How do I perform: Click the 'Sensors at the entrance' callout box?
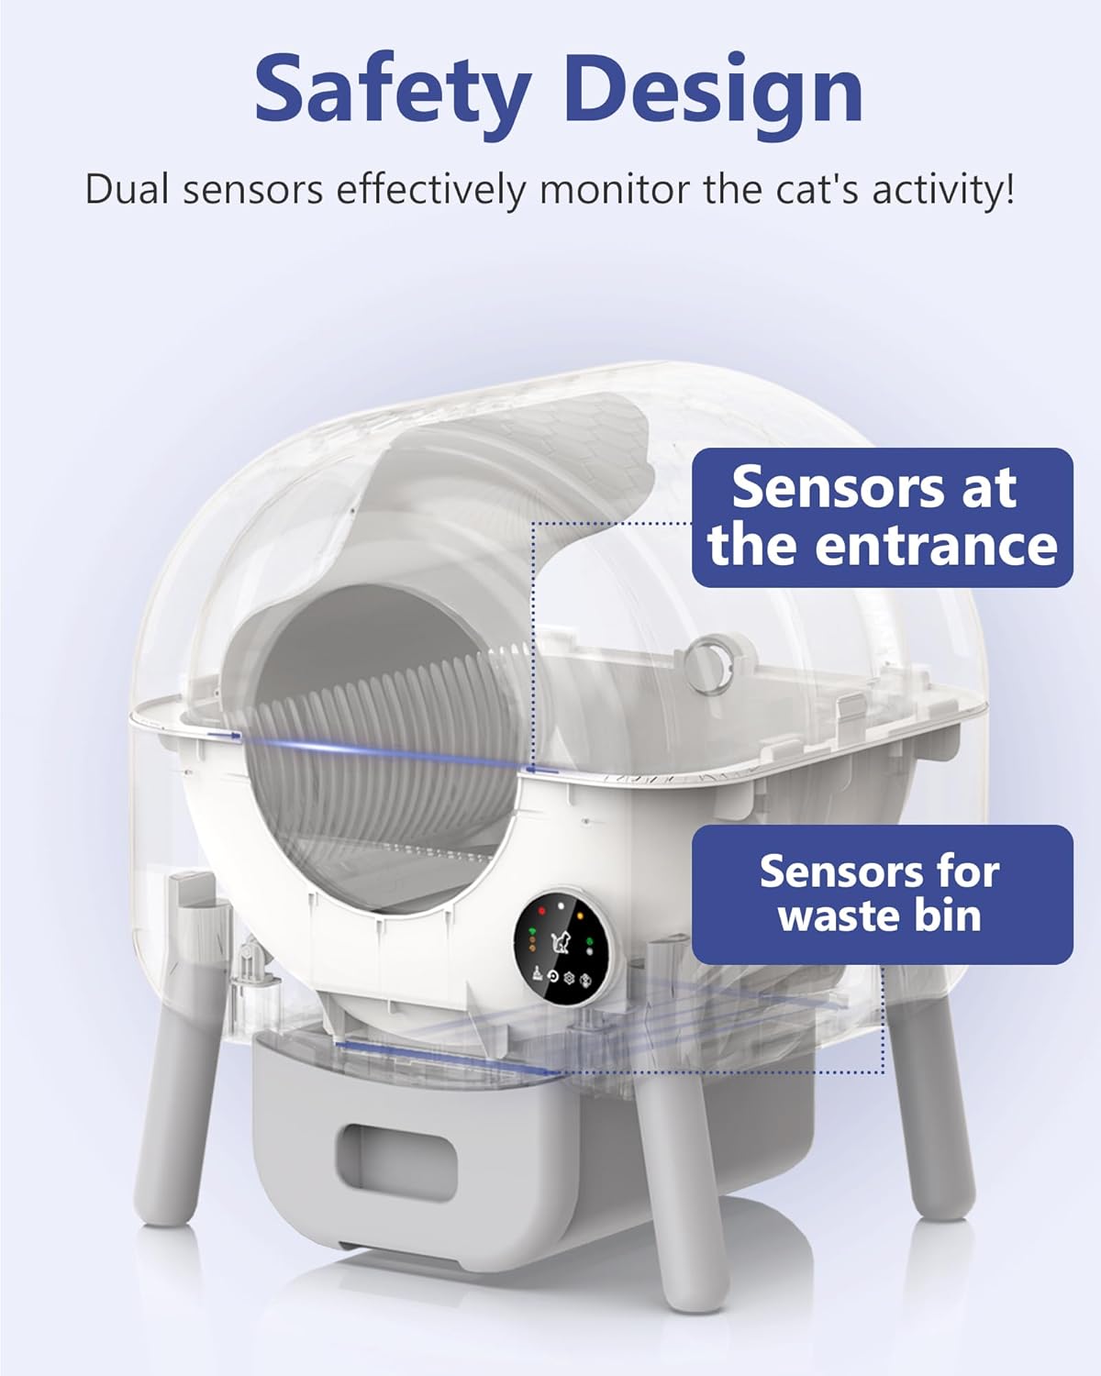882,517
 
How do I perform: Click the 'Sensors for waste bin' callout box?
882,894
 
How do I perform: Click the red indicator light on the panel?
541,911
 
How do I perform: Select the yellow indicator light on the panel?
580,914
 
